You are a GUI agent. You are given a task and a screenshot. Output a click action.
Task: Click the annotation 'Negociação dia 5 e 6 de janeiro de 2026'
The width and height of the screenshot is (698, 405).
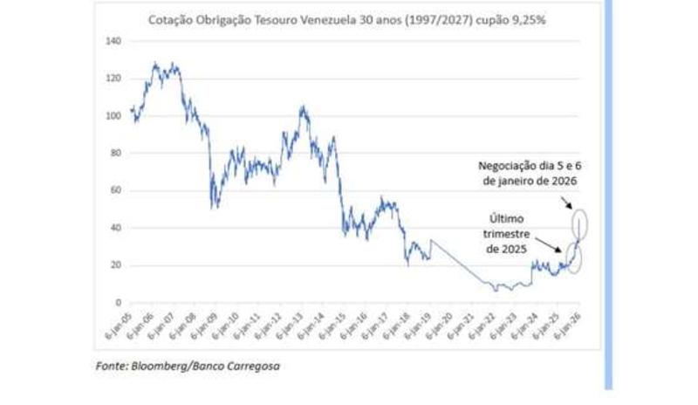pos(529,172)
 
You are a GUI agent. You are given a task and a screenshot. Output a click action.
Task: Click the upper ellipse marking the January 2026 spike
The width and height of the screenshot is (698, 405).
pos(580,222)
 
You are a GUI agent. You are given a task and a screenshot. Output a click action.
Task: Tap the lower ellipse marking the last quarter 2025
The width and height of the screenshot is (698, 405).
pos(574,257)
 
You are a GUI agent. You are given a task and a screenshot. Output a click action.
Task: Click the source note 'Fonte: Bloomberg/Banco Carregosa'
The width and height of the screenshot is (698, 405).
pos(188,367)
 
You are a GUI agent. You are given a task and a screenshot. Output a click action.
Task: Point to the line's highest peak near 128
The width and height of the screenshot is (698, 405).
pos(154,63)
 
